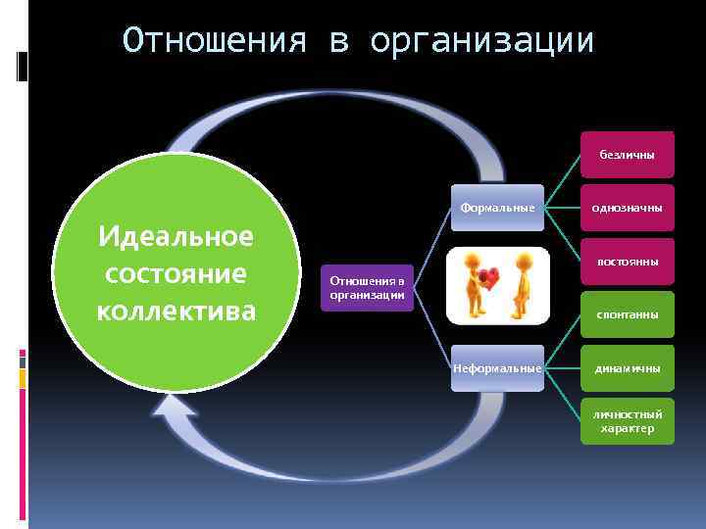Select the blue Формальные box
point(497,208)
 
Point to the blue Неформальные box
point(497,368)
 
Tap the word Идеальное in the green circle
point(176,237)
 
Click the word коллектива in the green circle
point(176,311)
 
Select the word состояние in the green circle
point(176,273)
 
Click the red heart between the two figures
point(490,277)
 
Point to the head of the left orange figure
point(472,260)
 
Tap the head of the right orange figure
point(524,261)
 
